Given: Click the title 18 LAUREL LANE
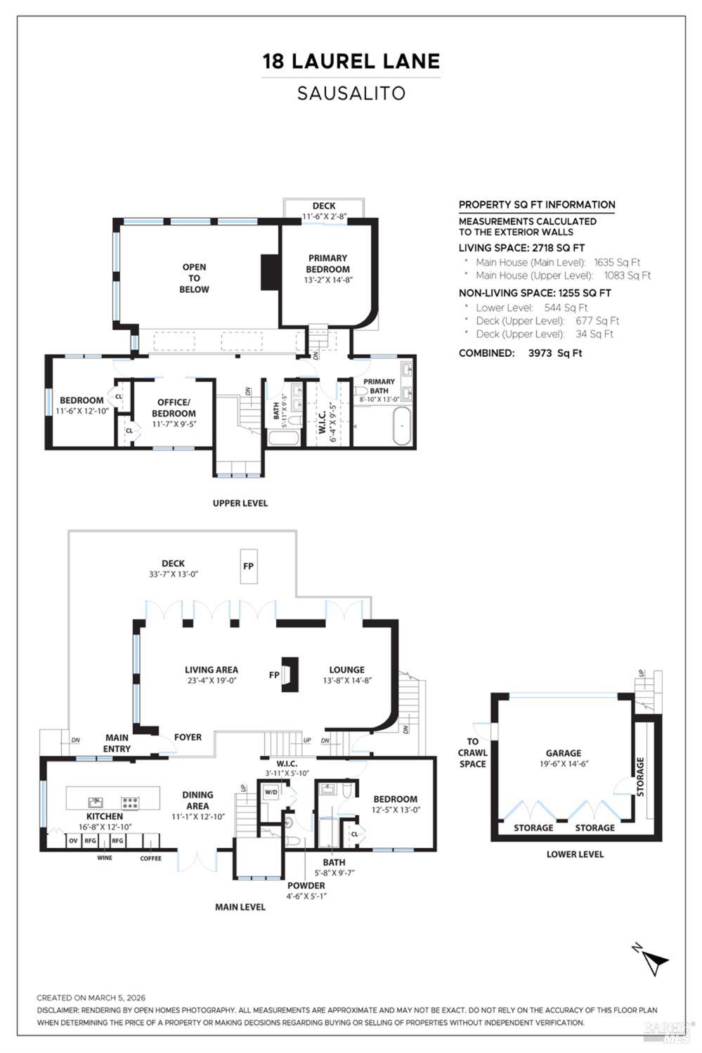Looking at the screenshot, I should click(351, 61).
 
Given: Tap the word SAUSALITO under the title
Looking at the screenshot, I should click(351, 93).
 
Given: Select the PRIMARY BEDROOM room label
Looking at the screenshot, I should click(327, 263).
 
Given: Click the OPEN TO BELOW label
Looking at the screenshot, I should click(194, 277).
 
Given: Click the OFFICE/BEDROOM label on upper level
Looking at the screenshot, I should click(174, 408).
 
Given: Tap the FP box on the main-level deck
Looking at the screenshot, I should click(248, 566).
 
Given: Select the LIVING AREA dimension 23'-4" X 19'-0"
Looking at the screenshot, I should click(211, 680).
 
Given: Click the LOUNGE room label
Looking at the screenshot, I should click(346, 669).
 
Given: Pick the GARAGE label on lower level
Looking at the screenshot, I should click(564, 753).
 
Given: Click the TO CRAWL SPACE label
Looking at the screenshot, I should click(472, 752).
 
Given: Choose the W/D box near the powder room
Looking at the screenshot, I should click(271, 792).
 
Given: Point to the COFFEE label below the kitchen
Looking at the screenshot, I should click(150, 858).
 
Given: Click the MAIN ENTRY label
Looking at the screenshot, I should click(117, 743).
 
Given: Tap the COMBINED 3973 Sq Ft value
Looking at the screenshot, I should click(555, 353).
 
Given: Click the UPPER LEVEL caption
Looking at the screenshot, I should click(240, 503).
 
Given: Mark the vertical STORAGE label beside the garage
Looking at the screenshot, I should click(639, 776).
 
